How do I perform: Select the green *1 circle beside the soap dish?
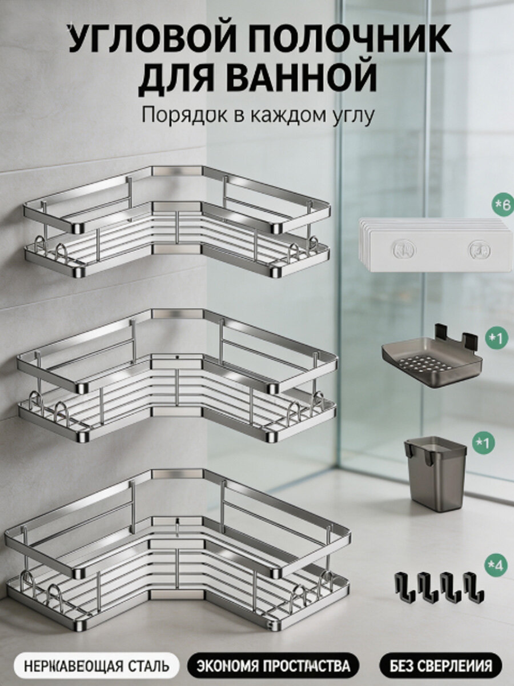[496, 339]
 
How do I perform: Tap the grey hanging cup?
[435, 474]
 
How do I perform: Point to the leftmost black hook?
[405, 587]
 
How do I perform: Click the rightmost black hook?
[473, 587]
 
